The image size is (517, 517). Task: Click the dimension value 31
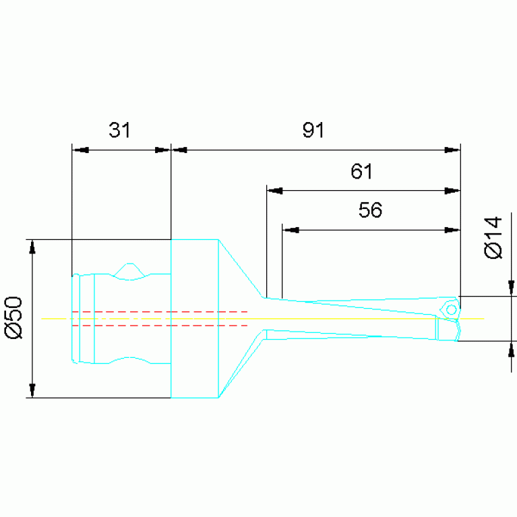pos(119,129)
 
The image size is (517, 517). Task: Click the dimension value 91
pos(313,129)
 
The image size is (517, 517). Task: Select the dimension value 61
pos(361,171)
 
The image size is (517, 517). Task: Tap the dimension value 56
pos(370,210)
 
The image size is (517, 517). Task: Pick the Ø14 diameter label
pos(493,237)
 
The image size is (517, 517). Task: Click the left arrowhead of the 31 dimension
pos(80,150)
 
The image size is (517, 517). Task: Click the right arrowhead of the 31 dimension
pos(162,150)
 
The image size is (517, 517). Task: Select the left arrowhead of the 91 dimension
pos(179,150)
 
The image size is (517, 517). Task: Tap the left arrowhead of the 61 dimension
pos(274,191)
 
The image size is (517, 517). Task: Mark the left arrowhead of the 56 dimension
pos(290,230)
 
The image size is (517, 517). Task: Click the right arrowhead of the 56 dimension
pos(452,230)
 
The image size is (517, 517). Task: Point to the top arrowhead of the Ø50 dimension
pos(32,247)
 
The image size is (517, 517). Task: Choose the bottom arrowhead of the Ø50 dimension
pos(32,390)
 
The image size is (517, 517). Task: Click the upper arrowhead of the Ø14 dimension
pos(511,288)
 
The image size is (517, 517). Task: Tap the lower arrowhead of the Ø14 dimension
pos(511,349)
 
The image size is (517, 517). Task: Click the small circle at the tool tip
pos(452,310)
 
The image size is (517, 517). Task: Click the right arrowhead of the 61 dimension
pos(452,191)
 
